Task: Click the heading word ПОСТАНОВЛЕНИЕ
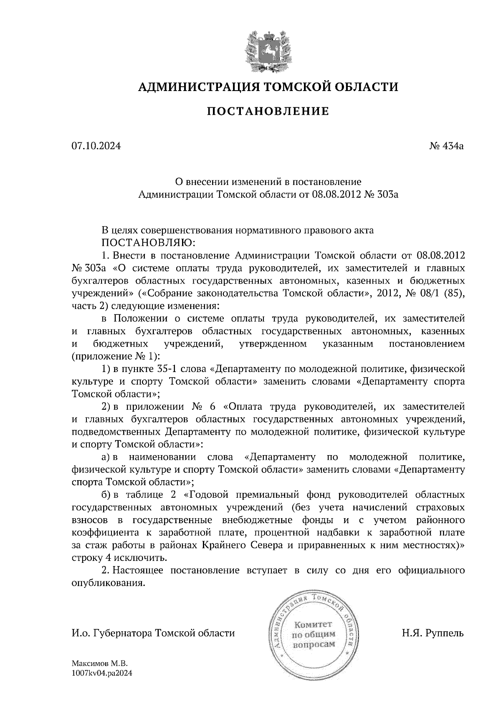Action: coord(268,111)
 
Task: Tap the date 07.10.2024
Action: coord(96,146)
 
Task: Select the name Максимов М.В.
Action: coord(99,663)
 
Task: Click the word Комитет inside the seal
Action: coord(313,625)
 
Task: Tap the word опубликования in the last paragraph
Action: coord(108,583)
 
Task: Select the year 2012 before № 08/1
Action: coord(388,293)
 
